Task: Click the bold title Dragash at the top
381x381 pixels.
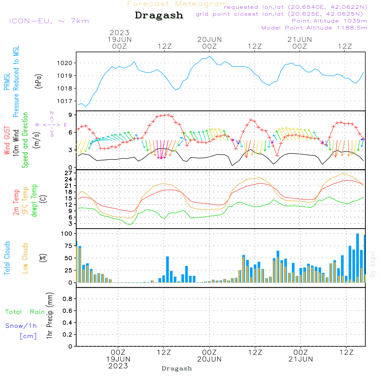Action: tap(159, 16)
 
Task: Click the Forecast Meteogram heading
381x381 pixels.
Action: tap(178, 4)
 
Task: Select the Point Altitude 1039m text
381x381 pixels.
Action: tap(329, 21)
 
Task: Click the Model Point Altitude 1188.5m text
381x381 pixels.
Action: tap(314, 28)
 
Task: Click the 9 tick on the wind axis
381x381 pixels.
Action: tap(71, 115)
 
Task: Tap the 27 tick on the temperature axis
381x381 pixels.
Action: tap(69, 173)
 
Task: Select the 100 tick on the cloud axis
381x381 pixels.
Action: tap(67, 233)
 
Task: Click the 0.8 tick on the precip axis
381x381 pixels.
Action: tap(67, 299)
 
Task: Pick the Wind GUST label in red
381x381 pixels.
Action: tap(7, 141)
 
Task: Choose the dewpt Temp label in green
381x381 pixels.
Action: tap(34, 201)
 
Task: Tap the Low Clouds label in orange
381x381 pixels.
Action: tap(25, 258)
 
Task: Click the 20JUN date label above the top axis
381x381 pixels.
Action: tap(210, 39)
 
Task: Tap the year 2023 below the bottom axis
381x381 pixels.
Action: tap(118, 366)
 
